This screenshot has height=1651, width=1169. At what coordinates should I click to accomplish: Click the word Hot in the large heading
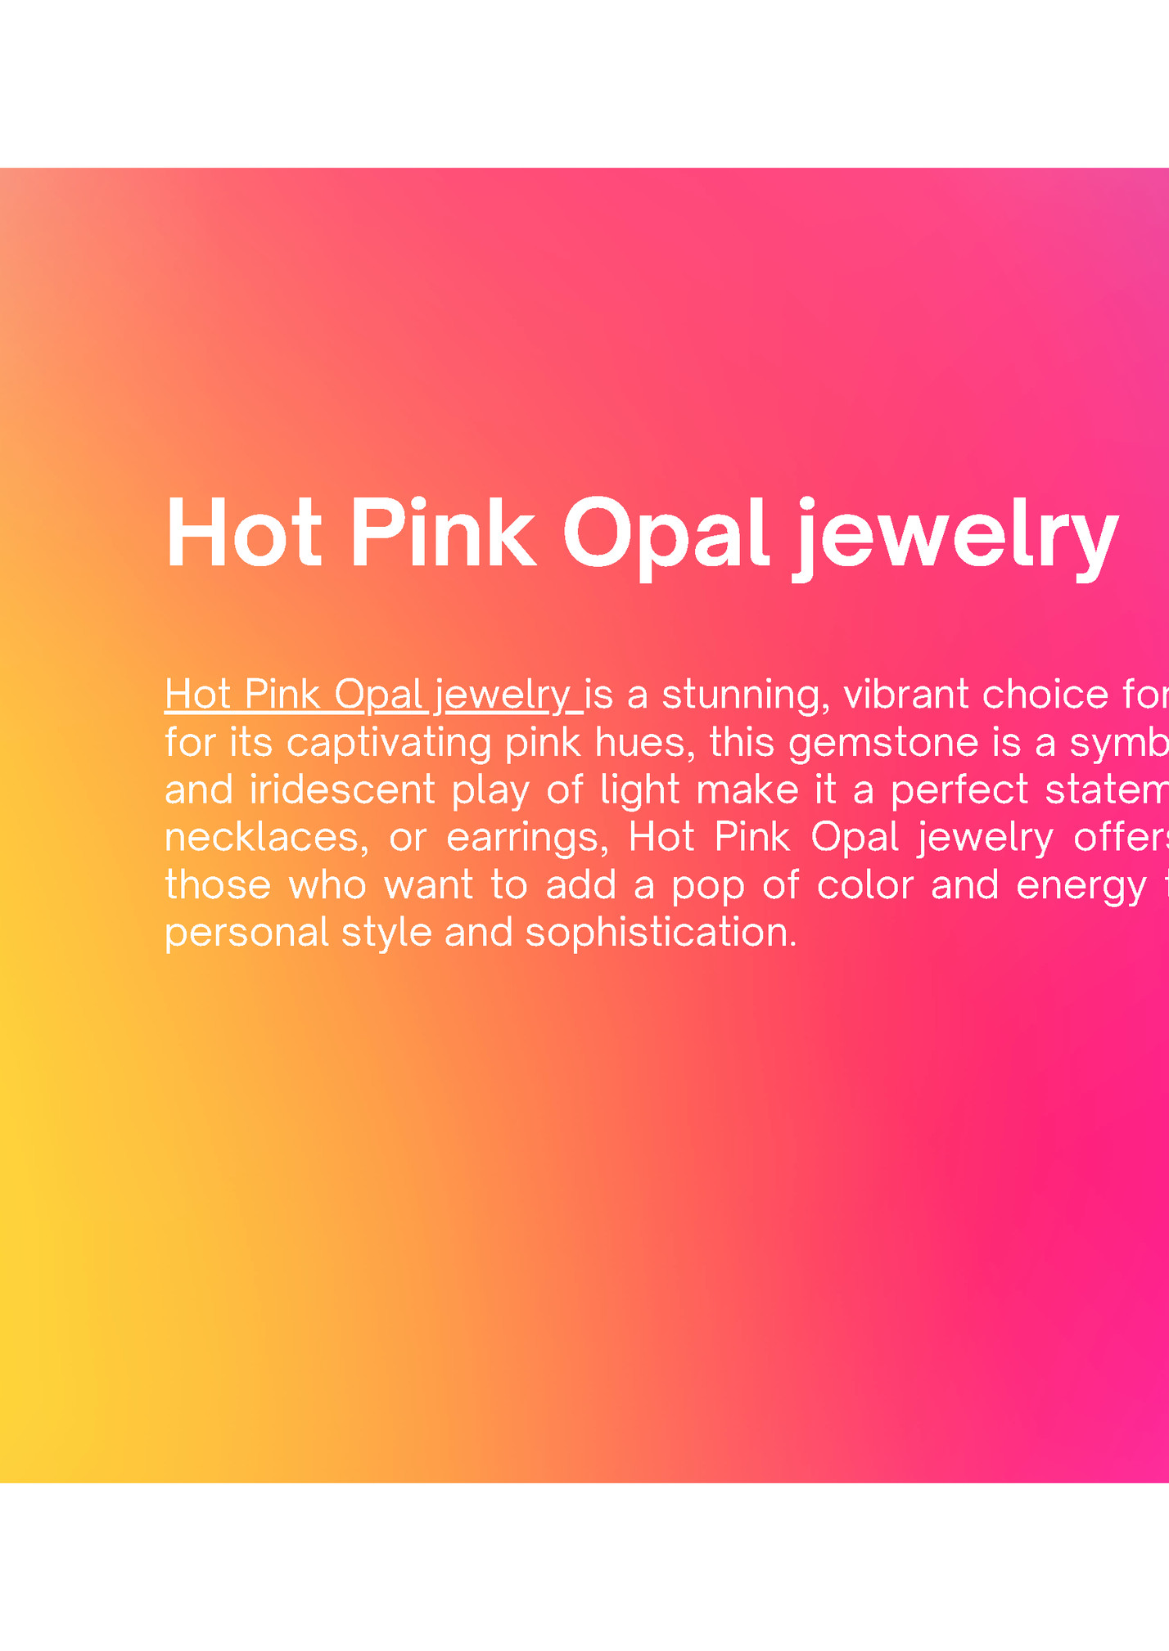pos(243,533)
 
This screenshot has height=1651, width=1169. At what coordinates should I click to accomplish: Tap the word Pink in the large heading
pos(443,533)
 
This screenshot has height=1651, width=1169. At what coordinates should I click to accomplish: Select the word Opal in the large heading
pos(666,533)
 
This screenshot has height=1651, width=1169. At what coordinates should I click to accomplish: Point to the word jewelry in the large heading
pos(955,536)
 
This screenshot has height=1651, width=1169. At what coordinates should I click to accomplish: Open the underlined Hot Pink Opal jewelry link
pos(373,695)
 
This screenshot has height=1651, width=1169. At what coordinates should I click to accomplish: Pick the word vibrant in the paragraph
pos(906,695)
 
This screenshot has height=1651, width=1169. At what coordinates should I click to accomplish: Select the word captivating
pos(389,743)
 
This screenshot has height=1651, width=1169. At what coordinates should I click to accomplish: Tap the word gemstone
pos(883,743)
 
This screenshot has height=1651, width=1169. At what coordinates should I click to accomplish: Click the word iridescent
pos(342,790)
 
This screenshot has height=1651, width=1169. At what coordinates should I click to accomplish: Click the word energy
pos(1081,886)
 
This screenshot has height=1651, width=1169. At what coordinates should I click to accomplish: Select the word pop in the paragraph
pos(708,886)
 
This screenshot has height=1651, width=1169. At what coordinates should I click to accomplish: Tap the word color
pos(865,885)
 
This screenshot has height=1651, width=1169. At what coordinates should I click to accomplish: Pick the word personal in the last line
pos(246,933)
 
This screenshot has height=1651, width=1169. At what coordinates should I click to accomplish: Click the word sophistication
pos(661,933)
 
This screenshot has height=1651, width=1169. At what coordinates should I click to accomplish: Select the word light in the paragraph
pos(639,790)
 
